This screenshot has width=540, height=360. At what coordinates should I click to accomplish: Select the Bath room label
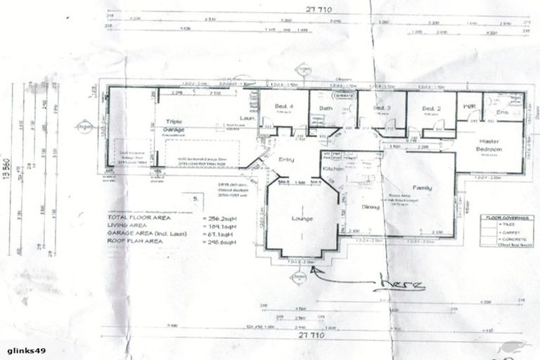[325, 108]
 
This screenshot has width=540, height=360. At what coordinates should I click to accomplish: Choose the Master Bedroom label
[487, 144]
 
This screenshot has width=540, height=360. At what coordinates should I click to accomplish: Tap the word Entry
[285, 160]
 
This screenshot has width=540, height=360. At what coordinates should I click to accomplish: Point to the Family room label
[423, 188]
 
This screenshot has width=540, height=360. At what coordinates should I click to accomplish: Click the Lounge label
[302, 219]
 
